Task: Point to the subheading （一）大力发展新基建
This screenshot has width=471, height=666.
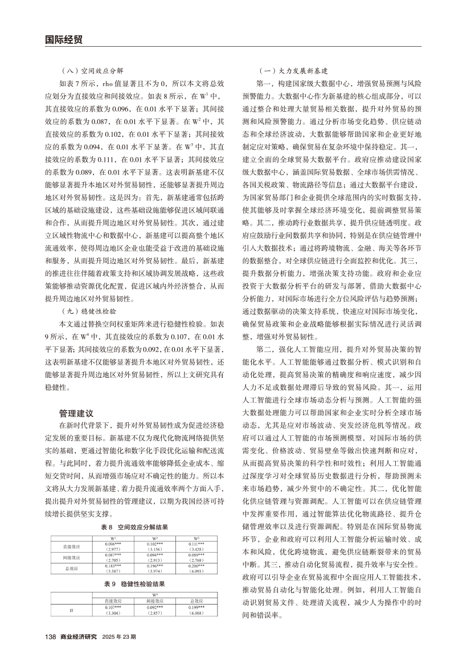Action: click(x=293, y=71)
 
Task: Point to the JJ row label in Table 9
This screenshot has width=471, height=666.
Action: click(x=71, y=608)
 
